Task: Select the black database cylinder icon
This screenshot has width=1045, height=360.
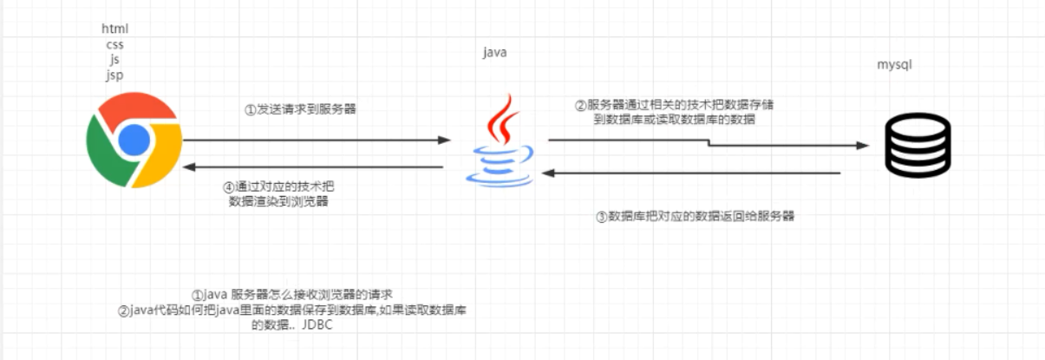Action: (918, 147)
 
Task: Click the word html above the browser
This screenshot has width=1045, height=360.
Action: (114, 29)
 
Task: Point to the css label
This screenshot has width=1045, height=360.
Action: (114, 44)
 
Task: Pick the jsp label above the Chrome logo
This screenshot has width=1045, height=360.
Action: (114, 75)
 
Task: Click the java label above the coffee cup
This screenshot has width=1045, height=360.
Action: (494, 53)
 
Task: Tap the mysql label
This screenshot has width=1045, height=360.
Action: (895, 65)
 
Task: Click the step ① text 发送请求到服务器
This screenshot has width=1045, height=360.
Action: (300, 110)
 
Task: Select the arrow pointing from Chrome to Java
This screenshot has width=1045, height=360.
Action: (317, 140)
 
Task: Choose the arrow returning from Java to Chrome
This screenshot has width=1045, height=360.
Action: (317, 167)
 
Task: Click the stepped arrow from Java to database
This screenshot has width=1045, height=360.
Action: (707, 143)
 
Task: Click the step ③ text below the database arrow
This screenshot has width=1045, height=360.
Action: (695, 217)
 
